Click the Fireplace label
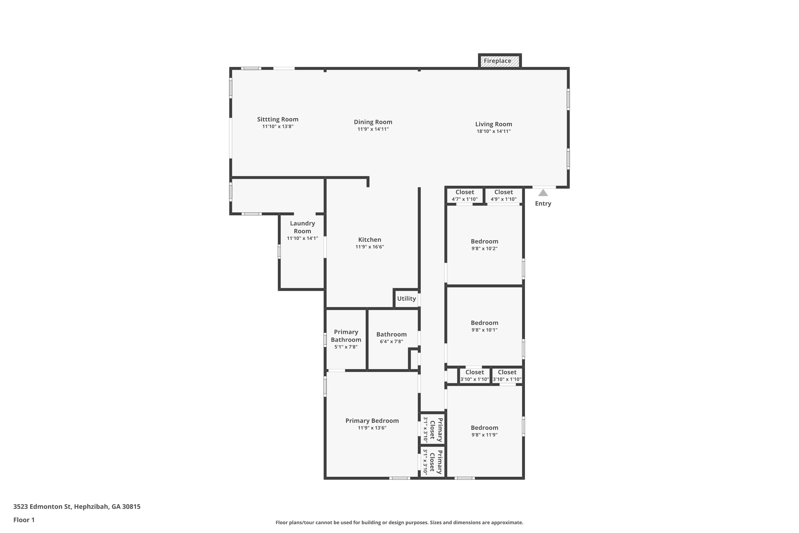pyautogui.click(x=497, y=61)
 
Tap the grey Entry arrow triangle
pyautogui.click(x=543, y=193)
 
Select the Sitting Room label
pyautogui.click(x=278, y=119)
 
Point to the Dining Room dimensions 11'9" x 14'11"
pyautogui.click(x=373, y=129)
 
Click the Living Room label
pyautogui.click(x=494, y=124)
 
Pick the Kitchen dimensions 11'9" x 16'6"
pyautogui.click(x=370, y=247)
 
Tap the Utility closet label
pyautogui.click(x=406, y=298)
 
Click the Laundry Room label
pyautogui.click(x=302, y=227)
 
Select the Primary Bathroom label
pyautogui.click(x=346, y=336)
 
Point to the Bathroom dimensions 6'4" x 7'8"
pyautogui.click(x=391, y=341)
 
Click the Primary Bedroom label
pyautogui.click(x=372, y=421)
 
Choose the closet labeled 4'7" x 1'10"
pyautogui.click(x=465, y=195)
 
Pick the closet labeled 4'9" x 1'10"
pyautogui.click(x=503, y=195)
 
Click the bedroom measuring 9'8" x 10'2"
pyautogui.click(x=484, y=245)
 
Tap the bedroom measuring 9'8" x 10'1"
pyautogui.click(x=484, y=326)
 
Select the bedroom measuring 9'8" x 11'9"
pyautogui.click(x=484, y=431)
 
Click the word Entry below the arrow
pyautogui.click(x=543, y=204)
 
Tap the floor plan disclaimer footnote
pyautogui.click(x=399, y=522)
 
